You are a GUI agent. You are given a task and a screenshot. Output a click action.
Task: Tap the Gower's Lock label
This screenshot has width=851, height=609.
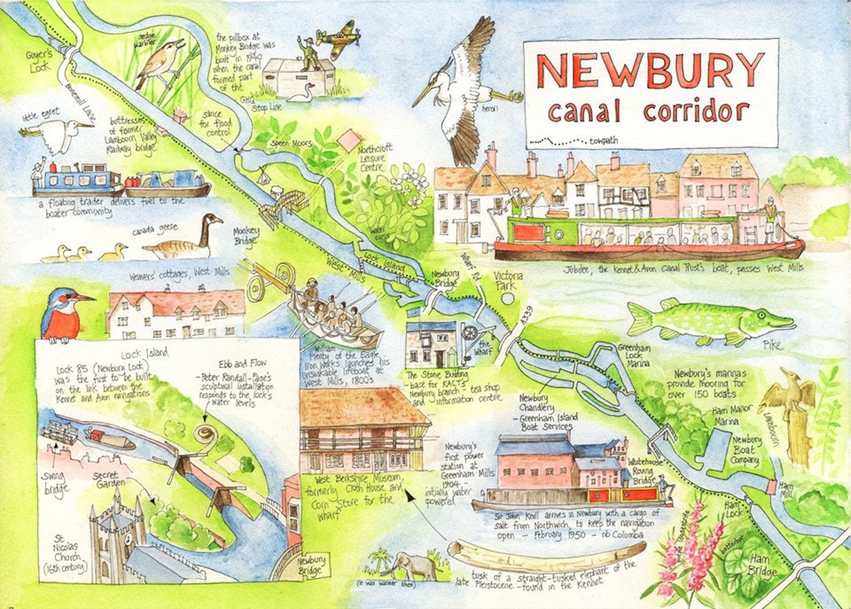click(39, 60)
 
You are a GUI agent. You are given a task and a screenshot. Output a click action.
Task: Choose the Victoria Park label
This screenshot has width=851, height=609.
click(505, 280)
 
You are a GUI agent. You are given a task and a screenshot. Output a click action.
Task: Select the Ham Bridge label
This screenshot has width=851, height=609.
click(762, 567)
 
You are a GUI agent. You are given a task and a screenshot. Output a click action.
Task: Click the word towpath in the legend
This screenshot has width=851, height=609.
click(603, 141)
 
